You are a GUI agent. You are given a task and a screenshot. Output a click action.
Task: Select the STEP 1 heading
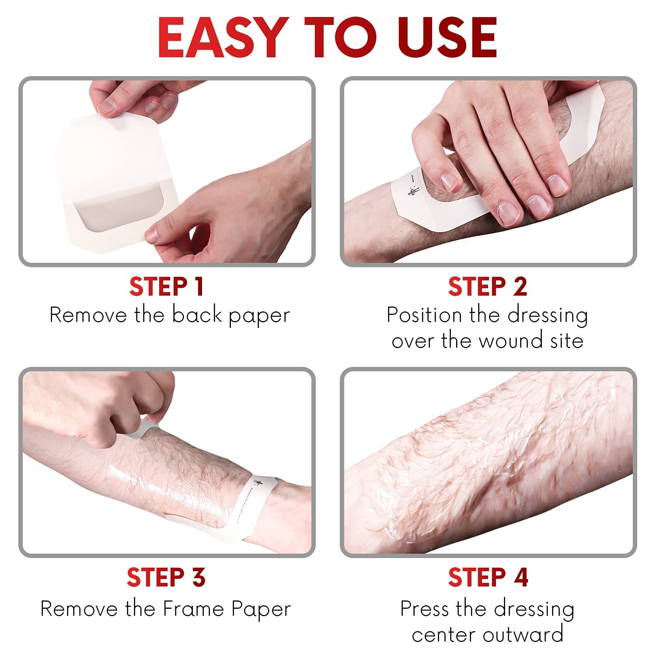(166, 286)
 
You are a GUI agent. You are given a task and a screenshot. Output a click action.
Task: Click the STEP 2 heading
(488, 286)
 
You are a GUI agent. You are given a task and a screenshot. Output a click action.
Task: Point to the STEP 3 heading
(166, 577)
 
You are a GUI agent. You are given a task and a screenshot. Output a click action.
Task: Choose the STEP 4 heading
(488, 577)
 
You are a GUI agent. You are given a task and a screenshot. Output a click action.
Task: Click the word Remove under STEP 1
(88, 315)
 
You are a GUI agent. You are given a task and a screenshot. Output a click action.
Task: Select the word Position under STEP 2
(425, 315)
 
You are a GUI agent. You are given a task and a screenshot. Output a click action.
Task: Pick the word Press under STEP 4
(425, 609)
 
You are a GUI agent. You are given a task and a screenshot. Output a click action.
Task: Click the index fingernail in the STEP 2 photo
(448, 180)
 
